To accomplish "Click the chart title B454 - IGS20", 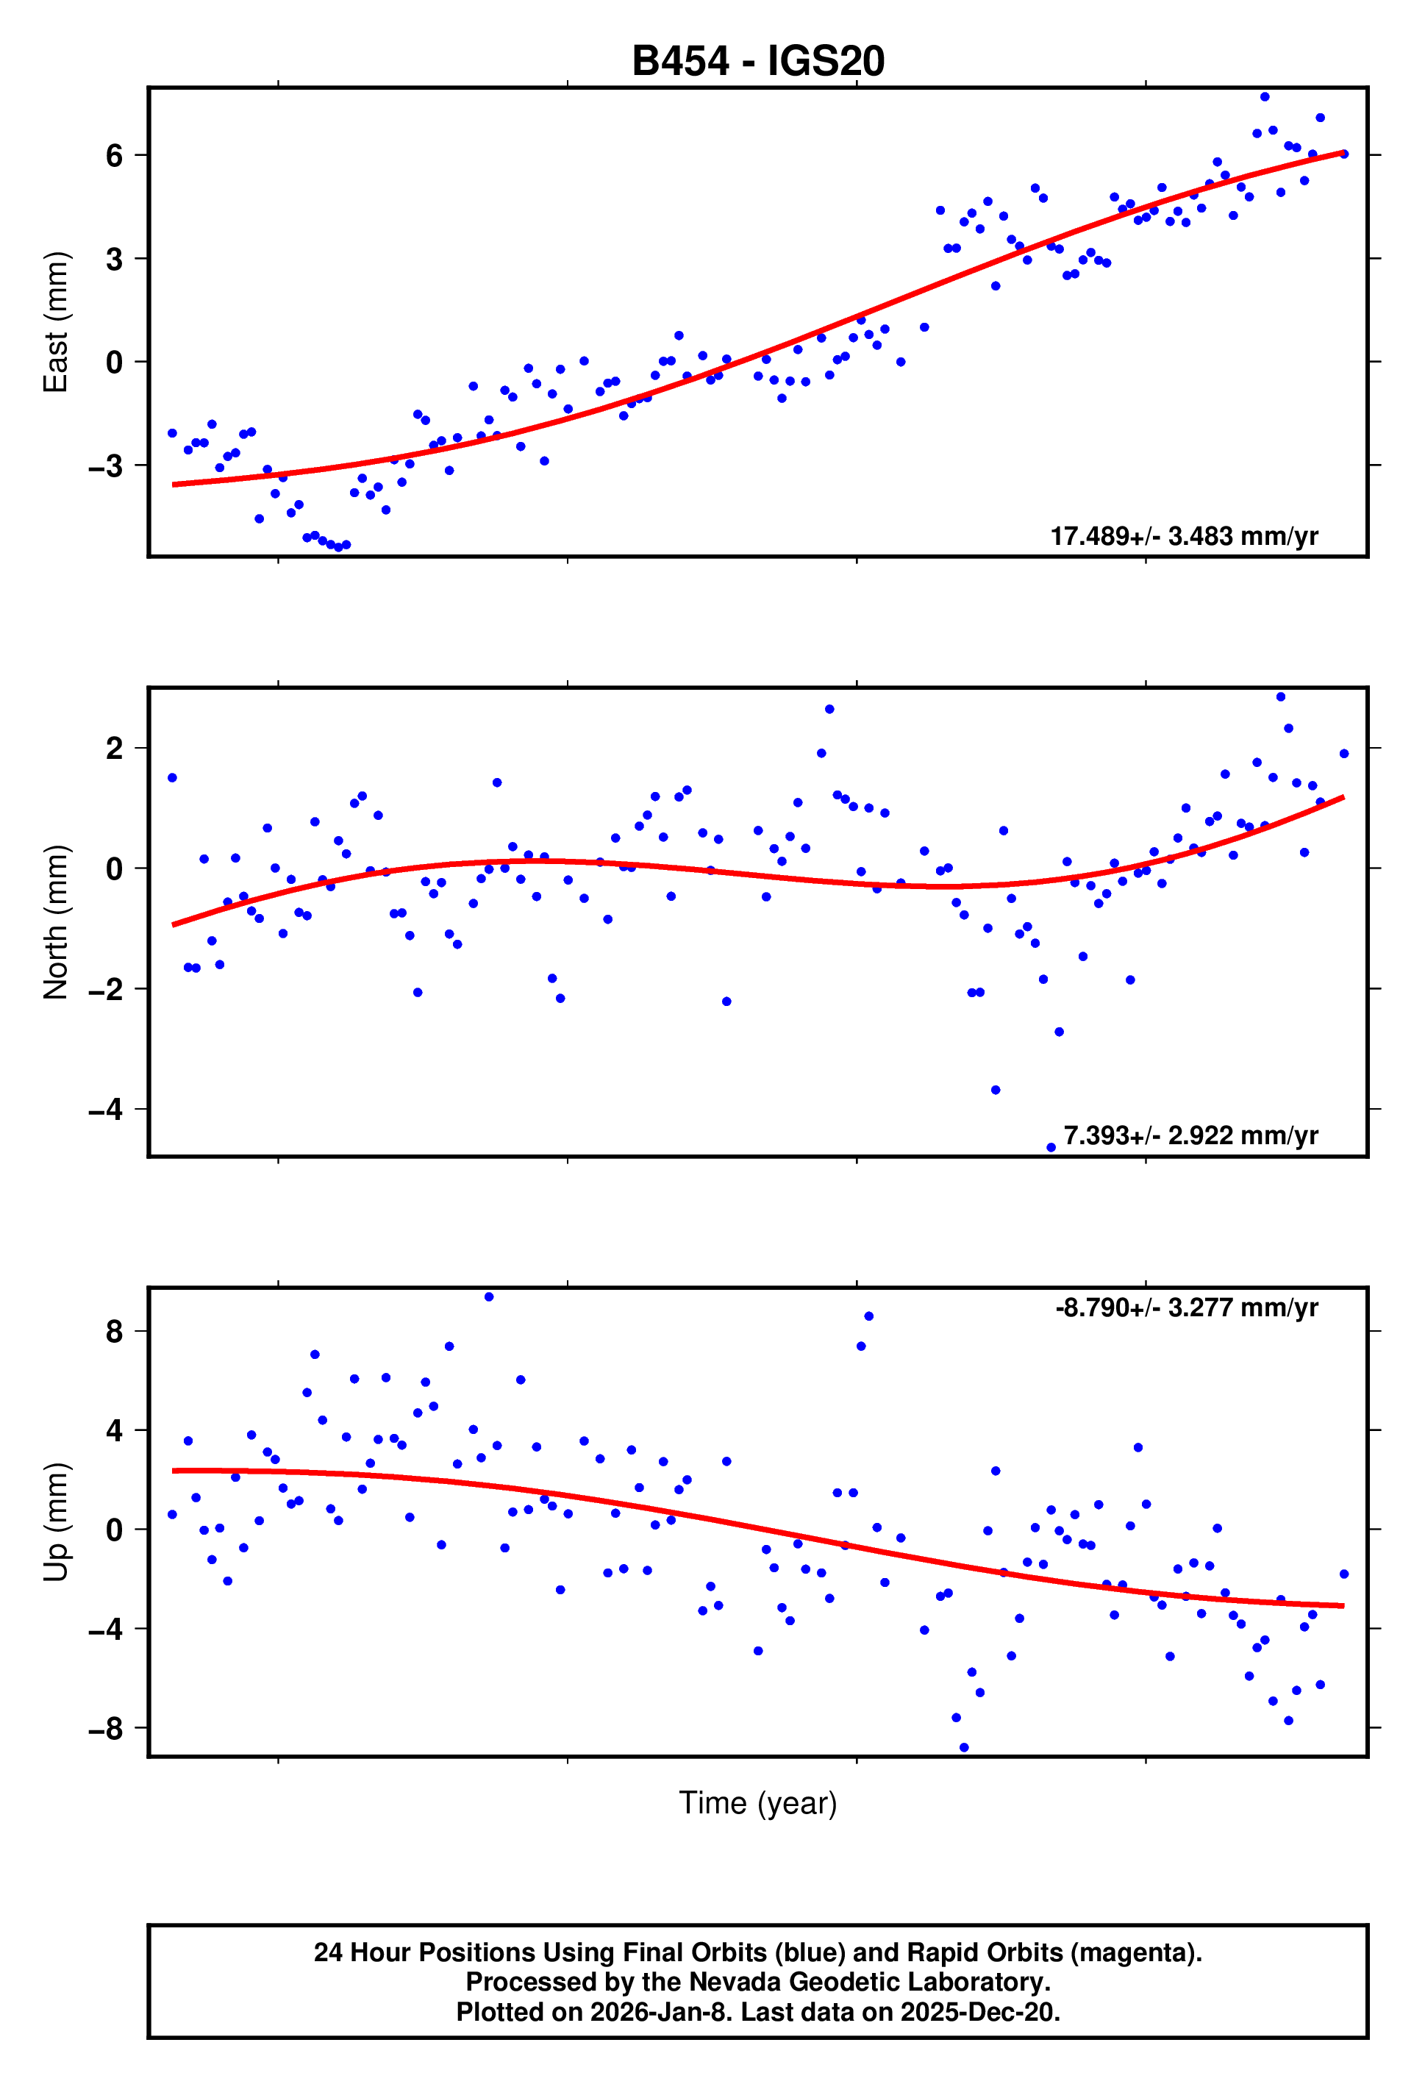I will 758,61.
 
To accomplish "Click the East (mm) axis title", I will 56,322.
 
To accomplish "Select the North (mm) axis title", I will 56,922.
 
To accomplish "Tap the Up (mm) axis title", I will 56,1521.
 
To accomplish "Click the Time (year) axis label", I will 758,1802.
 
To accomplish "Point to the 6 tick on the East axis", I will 114,156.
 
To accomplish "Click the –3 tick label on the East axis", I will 106,466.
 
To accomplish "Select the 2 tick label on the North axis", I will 114,749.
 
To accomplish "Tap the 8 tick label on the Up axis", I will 114,1332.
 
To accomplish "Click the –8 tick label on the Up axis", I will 106,1729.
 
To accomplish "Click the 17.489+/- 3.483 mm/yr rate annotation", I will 1184,536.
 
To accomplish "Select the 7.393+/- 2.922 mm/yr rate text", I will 1190,1135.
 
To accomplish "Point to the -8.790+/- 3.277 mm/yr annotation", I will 1187,1307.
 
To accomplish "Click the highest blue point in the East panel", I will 1265,97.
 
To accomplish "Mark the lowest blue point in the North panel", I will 1051,1148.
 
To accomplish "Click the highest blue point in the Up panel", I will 489,1296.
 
